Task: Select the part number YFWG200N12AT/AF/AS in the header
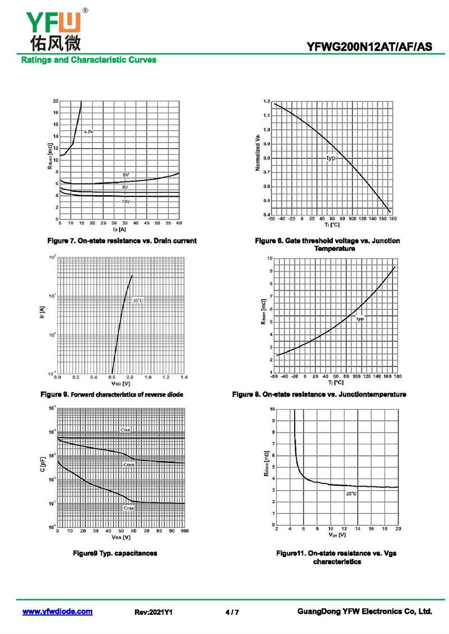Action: (x=370, y=47)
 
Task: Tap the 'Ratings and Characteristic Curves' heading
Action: (x=89, y=60)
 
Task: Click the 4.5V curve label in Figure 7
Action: (x=89, y=131)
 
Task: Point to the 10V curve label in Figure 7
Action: (x=126, y=201)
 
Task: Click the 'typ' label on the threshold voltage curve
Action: (x=331, y=158)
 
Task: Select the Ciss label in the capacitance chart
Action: (x=125, y=430)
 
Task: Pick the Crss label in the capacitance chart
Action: (x=129, y=507)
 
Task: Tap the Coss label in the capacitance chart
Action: (x=129, y=465)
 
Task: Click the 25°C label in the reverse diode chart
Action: (x=138, y=301)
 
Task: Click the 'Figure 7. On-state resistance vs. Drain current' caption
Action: (x=122, y=241)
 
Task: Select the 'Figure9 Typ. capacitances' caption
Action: (x=115, y=553)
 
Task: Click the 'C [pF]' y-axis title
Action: (x=44, y=467)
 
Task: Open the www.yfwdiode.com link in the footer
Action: (x=57, y=612)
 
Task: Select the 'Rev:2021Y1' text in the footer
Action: (x=153, y=612)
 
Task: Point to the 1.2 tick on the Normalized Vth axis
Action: (x=267, y=102)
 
